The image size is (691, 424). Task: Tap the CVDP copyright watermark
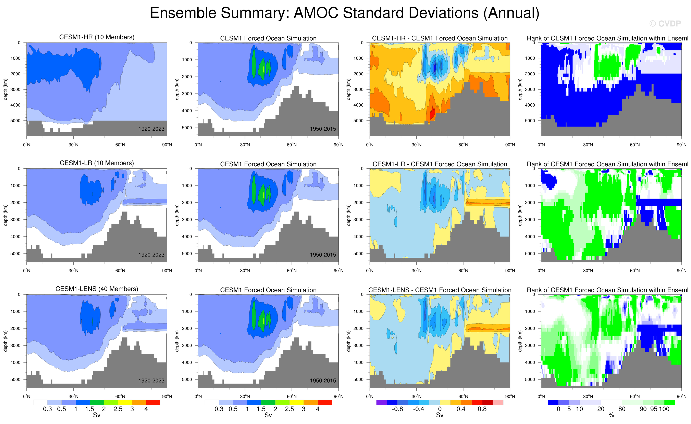(665, 24)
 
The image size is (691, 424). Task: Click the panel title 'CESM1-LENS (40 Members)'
(97, 289)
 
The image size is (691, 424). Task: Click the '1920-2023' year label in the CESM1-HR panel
(151, 129)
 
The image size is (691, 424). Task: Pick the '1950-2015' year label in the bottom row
(323, 381)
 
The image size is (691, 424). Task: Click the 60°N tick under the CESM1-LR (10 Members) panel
(120, 271)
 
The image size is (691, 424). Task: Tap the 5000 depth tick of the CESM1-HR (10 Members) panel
(15, 121)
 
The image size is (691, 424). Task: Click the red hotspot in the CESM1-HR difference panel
(432, 112)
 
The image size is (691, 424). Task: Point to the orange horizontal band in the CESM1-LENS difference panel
(488, 328)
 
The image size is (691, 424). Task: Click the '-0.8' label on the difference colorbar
(397, 409)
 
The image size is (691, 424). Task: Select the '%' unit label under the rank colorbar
(611, 415)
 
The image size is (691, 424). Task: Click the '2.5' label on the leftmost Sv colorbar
(118, 409)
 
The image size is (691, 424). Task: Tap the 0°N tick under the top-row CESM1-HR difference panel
(370, 145)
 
